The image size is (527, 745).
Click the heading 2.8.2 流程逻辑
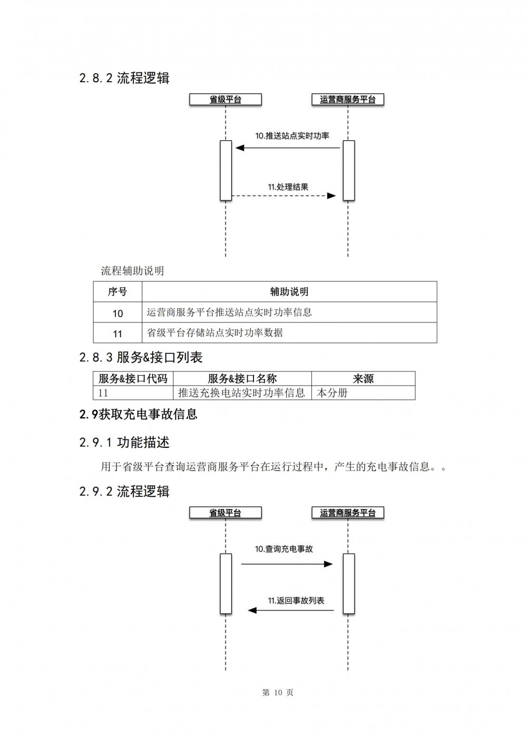click(x=124, y=78)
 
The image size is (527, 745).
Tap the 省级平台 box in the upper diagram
click(x=226, y=100)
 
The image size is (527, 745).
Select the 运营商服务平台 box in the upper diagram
click(x=348, y=100)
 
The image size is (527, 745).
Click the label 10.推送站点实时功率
click(x=292, y=136)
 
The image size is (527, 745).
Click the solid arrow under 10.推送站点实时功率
click(x=287, y=148)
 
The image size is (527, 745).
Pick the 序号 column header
click(x=118, y=292)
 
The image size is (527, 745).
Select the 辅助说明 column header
click(x=289, y=292)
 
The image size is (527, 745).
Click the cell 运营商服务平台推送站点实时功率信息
click(x=229, y=312)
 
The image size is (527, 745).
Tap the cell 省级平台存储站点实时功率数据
click(x=214, y=332)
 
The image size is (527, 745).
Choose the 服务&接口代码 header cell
click(x=133, y=378)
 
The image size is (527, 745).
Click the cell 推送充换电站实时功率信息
click(x=241, y=393)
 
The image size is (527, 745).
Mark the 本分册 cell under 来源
click(x=332, y=393)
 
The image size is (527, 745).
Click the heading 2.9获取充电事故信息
click(x=139, y=415)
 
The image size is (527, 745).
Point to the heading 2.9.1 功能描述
click(x=124, y=443)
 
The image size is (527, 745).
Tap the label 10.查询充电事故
click(x=284, y=549)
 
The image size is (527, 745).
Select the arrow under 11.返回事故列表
click(x=291, y=610)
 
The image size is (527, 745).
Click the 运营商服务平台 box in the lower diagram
click(x=348, y=513)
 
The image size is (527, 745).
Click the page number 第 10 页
click(x=278, y=692)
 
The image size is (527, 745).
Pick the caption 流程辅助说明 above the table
click(x=132, y=271)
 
